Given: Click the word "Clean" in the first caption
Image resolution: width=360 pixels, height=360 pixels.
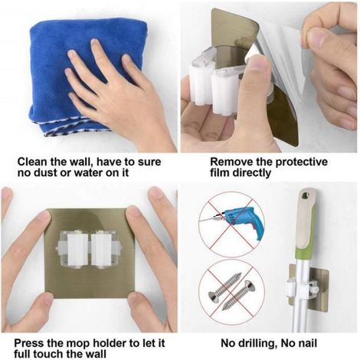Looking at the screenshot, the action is click(32, 162).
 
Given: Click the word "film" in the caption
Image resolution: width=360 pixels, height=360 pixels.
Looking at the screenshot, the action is click(220, 173).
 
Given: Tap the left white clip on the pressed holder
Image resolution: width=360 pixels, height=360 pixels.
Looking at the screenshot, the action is click(77, 250).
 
